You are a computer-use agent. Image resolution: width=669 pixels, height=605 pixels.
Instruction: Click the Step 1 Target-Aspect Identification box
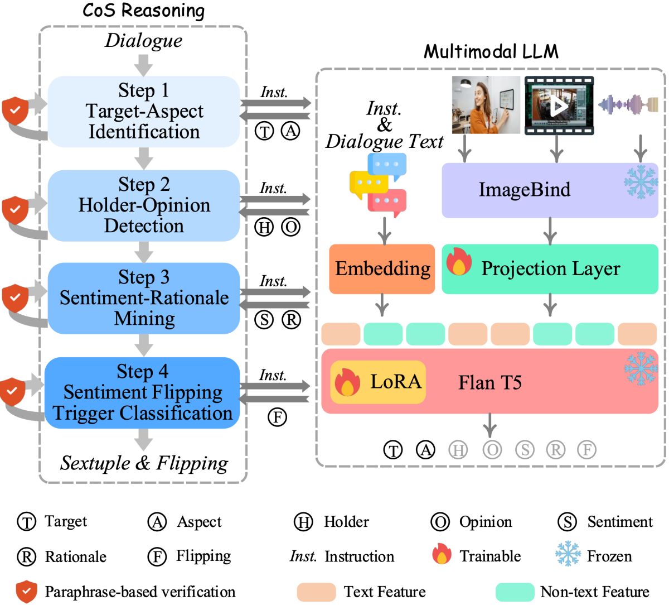[x=144, y=112]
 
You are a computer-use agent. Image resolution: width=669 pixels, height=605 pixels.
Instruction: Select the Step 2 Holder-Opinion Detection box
[x=144, y=205]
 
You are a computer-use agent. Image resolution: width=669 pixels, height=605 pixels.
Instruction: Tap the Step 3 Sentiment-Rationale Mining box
[x=144, y=298]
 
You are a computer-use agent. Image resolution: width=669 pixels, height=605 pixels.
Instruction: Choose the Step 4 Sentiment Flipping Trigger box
[x=143, y=392]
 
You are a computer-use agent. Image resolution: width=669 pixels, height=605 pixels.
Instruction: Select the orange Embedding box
[x=382, y=268]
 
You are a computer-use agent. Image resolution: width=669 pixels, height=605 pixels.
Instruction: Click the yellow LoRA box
[x=378, y=382]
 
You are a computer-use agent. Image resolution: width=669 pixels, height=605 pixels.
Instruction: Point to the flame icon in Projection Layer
[x=459, y=262]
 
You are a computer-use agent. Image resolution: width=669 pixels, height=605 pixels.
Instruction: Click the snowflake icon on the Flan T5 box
[x=641, y=368]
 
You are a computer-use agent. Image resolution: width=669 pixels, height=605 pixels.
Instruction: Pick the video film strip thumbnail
[x=559, y=105]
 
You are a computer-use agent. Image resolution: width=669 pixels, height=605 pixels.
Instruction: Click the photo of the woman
[x=486, y=105]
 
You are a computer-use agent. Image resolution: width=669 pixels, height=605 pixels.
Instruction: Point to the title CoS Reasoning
[x=143, y=11]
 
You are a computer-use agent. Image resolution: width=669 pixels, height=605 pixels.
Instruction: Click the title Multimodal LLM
[x=491, y=51]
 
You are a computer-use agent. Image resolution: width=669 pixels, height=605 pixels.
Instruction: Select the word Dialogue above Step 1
[x=144, y=40]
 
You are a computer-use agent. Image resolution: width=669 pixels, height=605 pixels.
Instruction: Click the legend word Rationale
[x=75, y=556]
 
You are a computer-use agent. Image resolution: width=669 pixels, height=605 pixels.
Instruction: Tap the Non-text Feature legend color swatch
[x=515, y=592]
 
